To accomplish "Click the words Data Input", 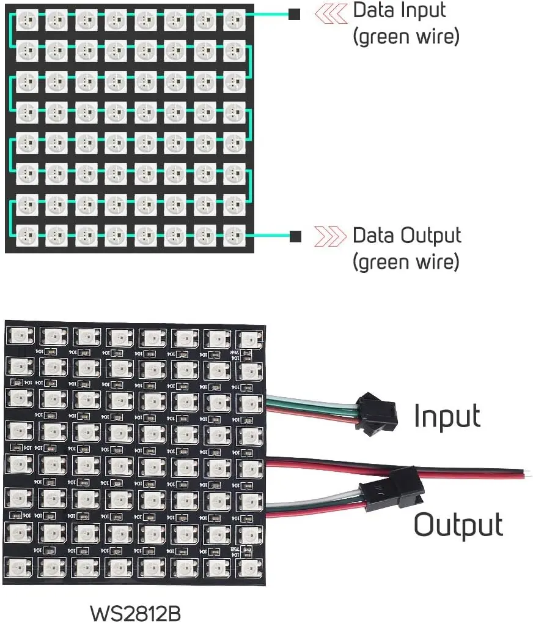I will point(400,10).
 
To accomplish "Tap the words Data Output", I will point(407,236).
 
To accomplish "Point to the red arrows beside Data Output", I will point(326,236).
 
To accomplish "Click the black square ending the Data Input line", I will point(295,14).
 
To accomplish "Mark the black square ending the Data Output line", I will point(295,236).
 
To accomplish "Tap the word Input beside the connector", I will point(447,416).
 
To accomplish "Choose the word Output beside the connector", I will point(458,525).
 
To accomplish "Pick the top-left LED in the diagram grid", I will point(26,20).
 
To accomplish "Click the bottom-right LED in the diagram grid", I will point(234,233).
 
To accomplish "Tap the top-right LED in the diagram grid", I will point(234,20).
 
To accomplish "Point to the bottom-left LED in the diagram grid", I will point(26,233).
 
